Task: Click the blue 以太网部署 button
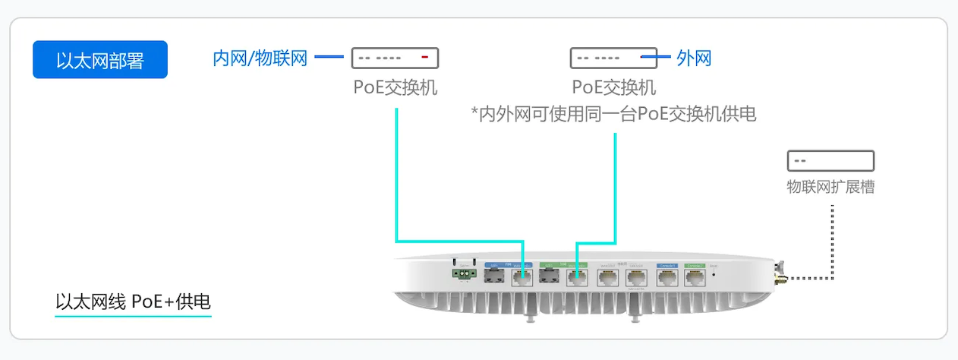(x=99, y=59)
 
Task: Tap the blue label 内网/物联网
(x=260, y=58)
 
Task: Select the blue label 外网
(x=694, y=58)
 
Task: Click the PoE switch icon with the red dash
(x=395, y=58)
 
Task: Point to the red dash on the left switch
(x=425, y=58)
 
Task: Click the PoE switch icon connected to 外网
(x=613, y=58)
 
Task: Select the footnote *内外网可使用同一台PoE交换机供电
(x=613, y=115)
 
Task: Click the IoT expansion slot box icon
(x=830, y=160)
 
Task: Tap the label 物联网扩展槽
(x=830, y=187)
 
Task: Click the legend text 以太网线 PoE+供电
(x=133, y=302)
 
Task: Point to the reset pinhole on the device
(x=714, y=275)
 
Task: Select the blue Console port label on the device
(x=667, y=266)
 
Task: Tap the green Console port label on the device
(x=696, y=266)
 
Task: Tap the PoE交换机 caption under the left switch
(x=395, y=87)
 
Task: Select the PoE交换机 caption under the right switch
(x=613, y=87)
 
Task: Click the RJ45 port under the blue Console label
(x=667, y=277)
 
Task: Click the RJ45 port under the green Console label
(x=696, y=277)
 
